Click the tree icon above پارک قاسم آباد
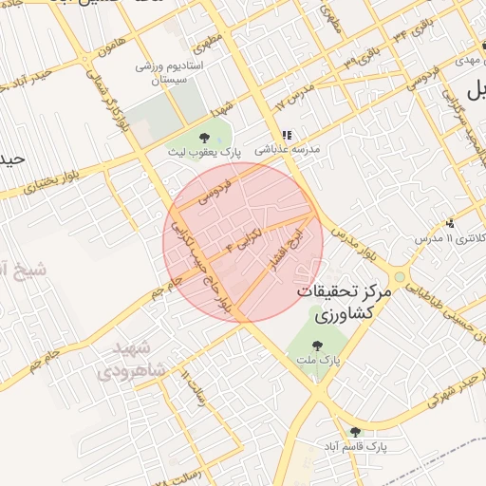point(355,431)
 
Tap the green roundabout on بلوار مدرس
point(400,278)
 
